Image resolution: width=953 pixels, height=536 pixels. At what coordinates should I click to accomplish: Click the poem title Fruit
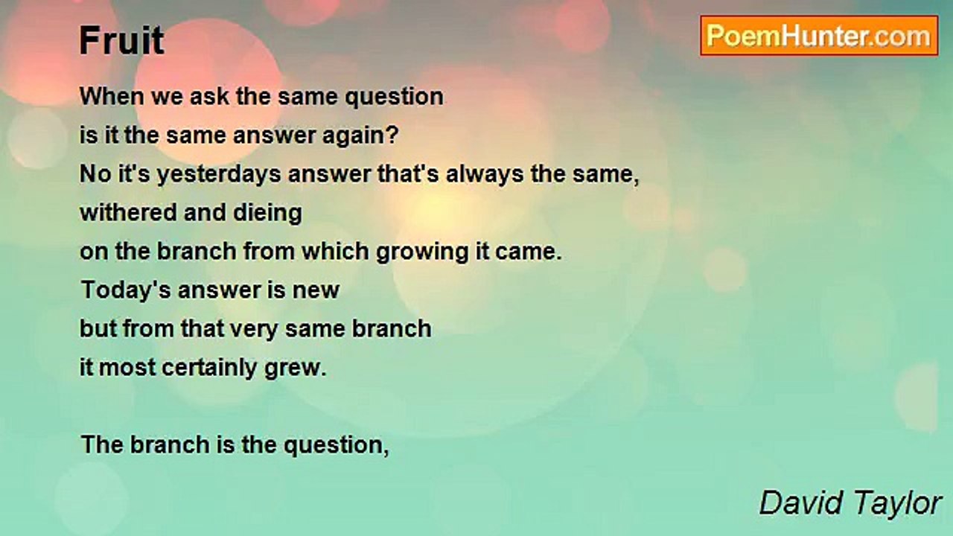[x=121, y=40]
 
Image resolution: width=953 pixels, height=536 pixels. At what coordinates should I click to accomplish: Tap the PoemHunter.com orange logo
[x=819, y=36]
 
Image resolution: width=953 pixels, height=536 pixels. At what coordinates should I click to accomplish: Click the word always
[x=485, y=175]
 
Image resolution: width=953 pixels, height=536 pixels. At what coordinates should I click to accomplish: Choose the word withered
[x=128, y=212]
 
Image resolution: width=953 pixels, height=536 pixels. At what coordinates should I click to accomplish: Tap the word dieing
[x=267, y=213]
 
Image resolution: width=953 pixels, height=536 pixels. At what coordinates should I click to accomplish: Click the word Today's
[x=126, y=290]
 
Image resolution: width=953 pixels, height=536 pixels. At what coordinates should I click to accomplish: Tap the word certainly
[x=209, y=368]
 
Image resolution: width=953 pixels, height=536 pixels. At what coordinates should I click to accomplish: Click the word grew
[x=296, y=368]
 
